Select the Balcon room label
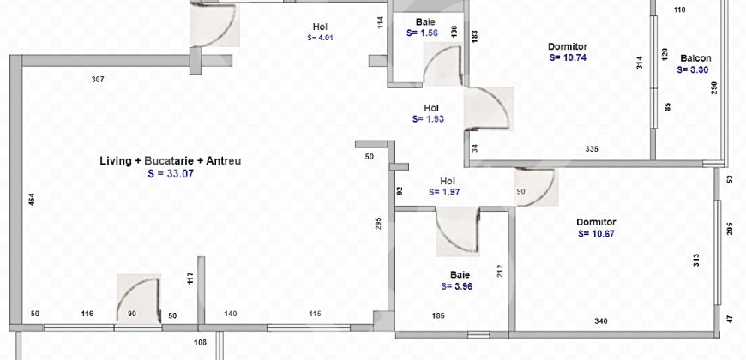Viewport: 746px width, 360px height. click(x=695, y=59)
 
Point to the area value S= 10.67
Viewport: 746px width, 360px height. click(x=597, y=233)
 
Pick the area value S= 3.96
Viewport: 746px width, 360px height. click(x=458, y=286)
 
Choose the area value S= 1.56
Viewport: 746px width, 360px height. click(x=422, y=33)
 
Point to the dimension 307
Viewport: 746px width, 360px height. click(x=98, y=80)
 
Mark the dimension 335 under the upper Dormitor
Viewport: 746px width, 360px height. click(x=591, y=149)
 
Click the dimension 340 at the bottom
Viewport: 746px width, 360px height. click(x=601, y=321)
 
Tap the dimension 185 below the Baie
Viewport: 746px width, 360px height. click(x=437, y=316)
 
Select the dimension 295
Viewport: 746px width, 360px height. click(x=377, y=225)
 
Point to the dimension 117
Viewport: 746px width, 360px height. click(x=191, y=279)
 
